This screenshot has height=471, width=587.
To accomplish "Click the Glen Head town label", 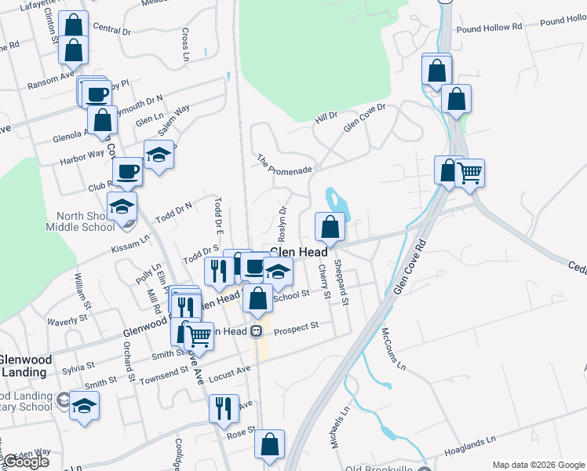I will [298, 252].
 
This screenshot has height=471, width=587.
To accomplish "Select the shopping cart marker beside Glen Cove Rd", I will [469, 173].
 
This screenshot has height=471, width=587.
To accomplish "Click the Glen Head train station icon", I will [256, 330].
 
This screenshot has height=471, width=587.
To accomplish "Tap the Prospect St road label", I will [296, 326].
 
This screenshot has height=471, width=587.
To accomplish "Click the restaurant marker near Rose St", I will [223, 408].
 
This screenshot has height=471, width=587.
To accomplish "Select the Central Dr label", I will [111, 29].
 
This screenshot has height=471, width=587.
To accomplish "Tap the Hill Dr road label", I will [325, 115].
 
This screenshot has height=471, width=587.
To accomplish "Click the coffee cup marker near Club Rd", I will [127, 170].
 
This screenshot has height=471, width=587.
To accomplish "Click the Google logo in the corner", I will [25, 462].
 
